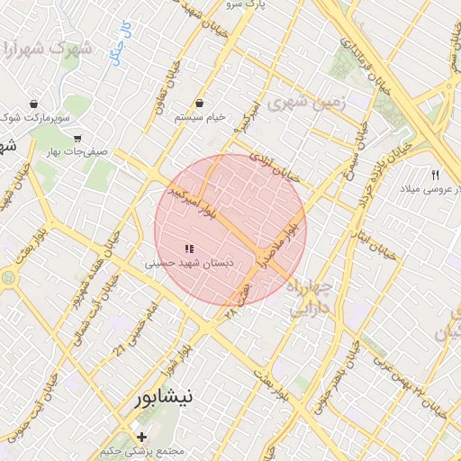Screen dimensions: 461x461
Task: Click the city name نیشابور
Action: click(x=177, y=396)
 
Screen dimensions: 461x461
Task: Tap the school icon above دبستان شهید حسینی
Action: click(x=189, y=249)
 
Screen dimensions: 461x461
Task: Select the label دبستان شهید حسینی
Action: click(x=189, y=264)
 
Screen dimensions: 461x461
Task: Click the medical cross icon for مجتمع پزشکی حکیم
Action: click(x=141, y=437)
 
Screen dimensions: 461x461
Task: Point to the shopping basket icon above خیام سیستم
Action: click(x=199, y=104)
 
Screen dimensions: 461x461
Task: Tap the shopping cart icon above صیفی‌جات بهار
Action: click(x=78, y=139)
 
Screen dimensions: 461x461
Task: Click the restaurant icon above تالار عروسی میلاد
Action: click(x=436, y=174)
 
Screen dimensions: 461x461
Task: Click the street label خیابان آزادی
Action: click(x=267, y=164)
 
